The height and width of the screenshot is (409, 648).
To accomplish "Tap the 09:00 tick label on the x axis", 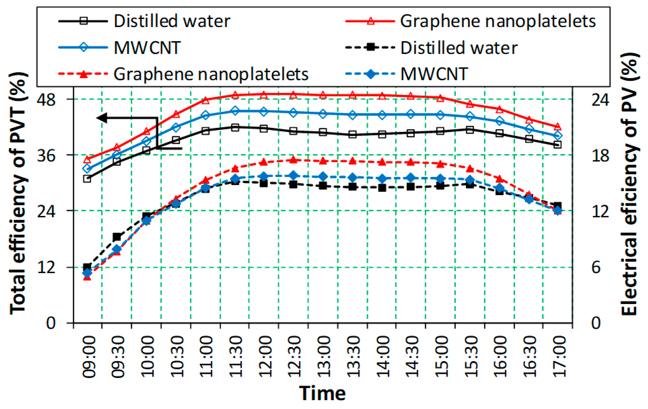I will [88, 357].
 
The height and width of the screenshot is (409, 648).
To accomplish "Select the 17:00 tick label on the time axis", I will [558, 357].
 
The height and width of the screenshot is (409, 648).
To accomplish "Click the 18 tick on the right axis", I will [600, 155].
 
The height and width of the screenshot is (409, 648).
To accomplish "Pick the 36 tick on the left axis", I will [46, 155].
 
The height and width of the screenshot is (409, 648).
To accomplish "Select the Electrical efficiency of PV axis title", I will [630, 185].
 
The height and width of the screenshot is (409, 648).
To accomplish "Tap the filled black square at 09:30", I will [117, 237].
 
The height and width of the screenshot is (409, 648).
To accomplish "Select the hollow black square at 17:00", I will [557, 145].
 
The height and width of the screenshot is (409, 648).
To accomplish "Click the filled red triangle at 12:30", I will [293, 160].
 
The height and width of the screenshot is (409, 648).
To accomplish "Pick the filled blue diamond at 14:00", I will [382, 178].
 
